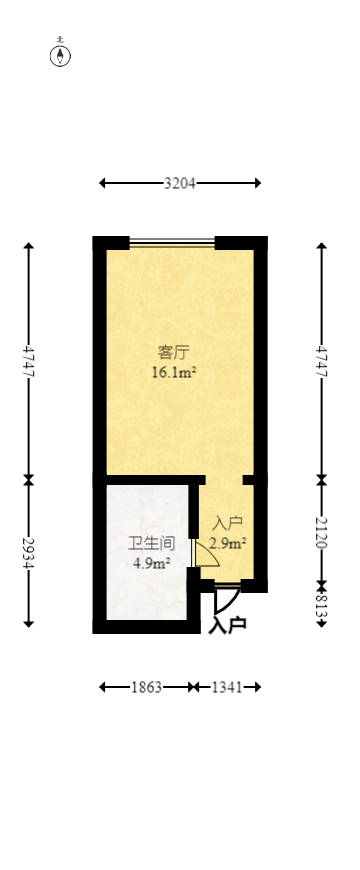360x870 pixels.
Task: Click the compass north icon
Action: point(61,54)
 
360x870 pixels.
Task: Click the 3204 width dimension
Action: point(180,183)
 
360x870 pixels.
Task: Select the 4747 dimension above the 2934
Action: point(28,360)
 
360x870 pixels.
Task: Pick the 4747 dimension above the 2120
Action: point(321,360)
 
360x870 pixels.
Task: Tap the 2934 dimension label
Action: point(28,553)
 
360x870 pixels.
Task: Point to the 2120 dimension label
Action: point(321,532)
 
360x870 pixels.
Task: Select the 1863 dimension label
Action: point(147,687)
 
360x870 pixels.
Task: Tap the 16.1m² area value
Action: point(172,372)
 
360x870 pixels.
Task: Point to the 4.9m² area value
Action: point(151,562)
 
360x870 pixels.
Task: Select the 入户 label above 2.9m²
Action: point(228,523)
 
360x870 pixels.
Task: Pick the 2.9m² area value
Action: point(228,543)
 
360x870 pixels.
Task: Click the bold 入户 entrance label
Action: point(228,626)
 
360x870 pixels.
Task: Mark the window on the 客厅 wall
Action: point(172,241)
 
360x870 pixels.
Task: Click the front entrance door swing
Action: point(226,597)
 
